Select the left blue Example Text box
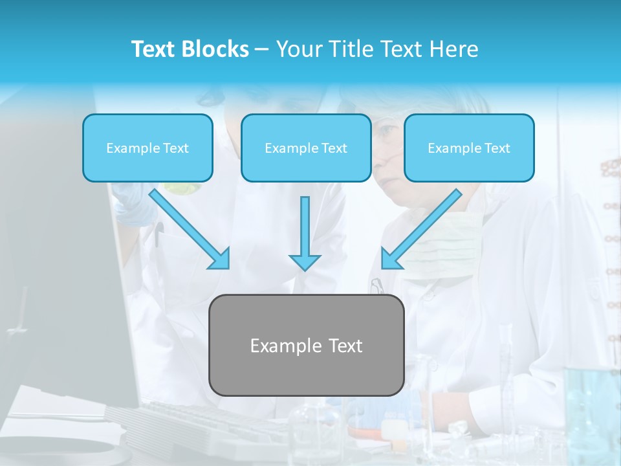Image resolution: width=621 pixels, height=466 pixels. (x=147, y=148)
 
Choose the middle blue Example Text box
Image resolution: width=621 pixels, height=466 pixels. (x=306, y=148)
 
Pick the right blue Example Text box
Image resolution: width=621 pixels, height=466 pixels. (x=469, y=148)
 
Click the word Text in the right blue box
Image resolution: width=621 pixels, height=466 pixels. (x=497, y=148)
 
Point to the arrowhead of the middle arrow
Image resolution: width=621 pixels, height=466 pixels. (x=305, y=262)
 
